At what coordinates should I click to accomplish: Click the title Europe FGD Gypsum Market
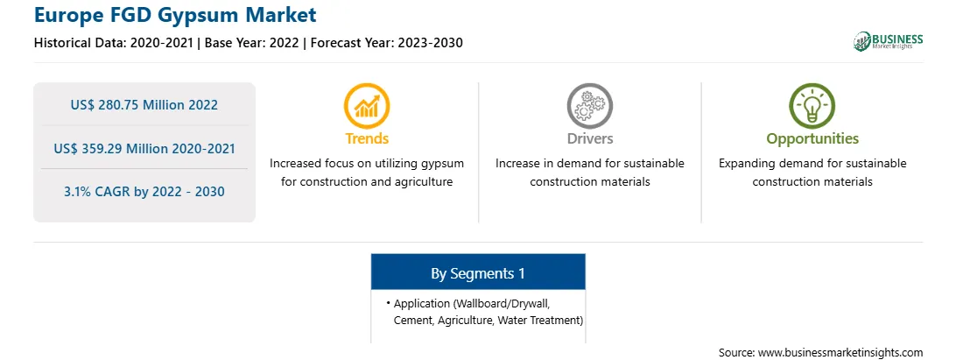(176, 15)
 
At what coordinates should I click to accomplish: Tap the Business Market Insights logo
(889, 41)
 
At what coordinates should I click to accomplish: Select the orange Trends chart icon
(367, 106)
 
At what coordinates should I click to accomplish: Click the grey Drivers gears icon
(589, 106)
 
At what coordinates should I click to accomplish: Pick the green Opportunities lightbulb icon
(812, 106)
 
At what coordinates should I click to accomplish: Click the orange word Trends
(367, 138)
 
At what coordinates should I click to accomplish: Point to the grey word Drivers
(590, 138)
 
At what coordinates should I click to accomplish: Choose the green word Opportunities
(812, 139)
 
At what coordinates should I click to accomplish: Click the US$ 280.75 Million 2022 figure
(144, 104)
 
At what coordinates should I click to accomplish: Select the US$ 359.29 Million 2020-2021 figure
(144, 148)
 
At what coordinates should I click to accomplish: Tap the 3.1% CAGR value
(144, 192)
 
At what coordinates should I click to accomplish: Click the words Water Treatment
(539, 321)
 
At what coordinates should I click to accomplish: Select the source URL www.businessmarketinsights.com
(840, 352)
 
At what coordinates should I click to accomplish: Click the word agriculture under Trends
(424, 182)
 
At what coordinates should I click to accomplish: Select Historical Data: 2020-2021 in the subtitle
(114, 43)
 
